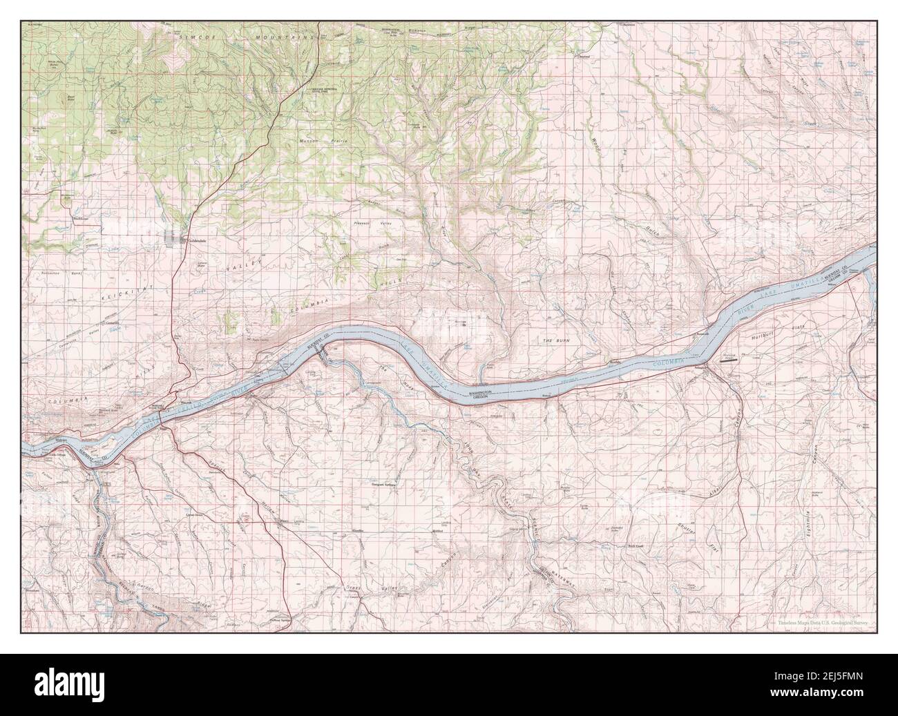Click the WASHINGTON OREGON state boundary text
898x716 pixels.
tap(481, 394)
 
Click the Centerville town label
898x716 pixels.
tap(112, 322)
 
